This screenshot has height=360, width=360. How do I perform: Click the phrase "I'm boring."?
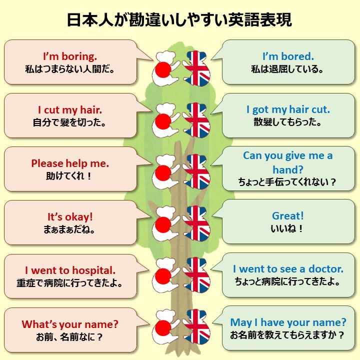(x=70, y=56)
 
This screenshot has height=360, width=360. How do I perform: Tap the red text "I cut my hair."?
(x=70, y=109)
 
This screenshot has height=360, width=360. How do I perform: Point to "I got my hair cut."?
(x=288, y=109)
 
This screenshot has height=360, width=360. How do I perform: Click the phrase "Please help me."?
(x=70, y=163)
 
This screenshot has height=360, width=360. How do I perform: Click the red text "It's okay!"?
(x=70, y=217)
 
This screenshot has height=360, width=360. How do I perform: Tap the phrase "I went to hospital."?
(x=70, y=270)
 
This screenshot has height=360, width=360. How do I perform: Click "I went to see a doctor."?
(x=288, y=269)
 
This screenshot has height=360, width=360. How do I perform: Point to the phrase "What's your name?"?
(x=70, y=324)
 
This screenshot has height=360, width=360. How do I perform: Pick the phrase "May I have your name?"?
(x=288, y=322)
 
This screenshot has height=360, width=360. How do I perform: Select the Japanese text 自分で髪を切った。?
(x=70, y=122)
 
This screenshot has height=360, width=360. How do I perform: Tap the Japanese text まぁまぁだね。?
(x=70, y=230)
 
